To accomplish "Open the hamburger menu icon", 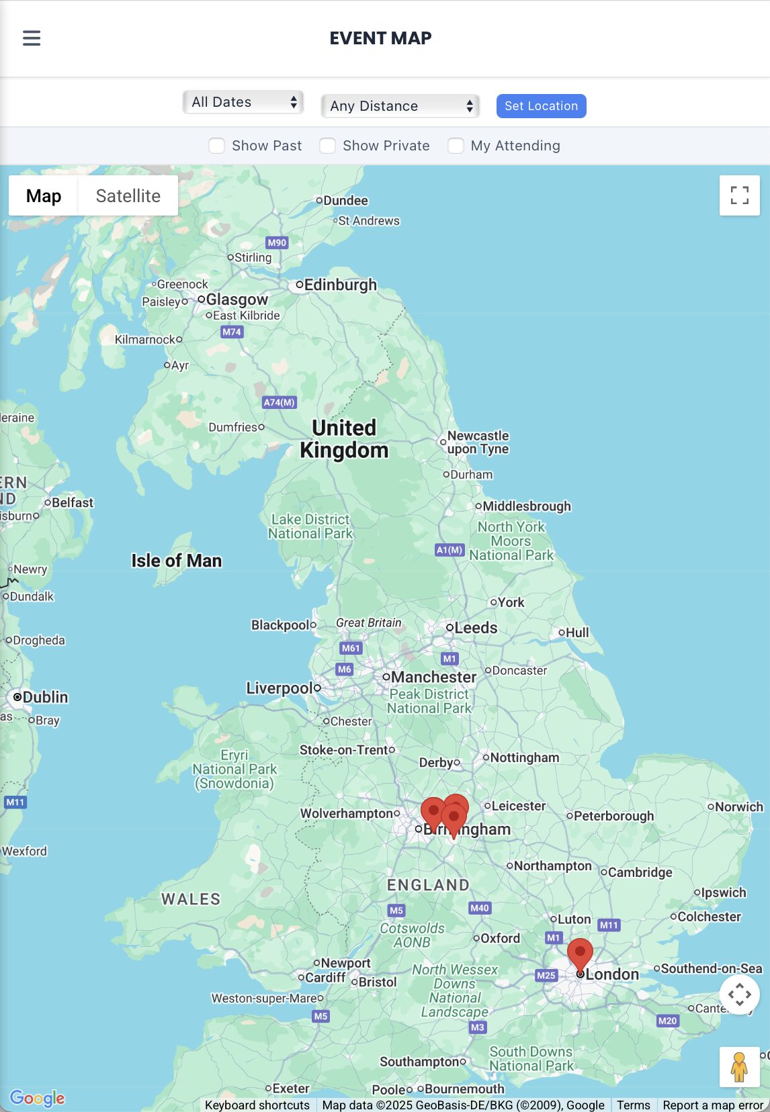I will [32, 38].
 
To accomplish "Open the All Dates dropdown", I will [243, 102].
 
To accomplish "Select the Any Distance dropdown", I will [400, 106].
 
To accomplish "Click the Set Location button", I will [541, 106].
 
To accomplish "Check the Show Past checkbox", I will [216, 146].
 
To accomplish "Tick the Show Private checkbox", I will [327, 146].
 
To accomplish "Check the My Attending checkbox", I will [456, 146].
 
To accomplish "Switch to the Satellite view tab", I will [128, 196].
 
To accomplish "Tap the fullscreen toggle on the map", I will [739, 195].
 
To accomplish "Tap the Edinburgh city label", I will [340, 285].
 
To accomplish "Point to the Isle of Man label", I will [176, 561].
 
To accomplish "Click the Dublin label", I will [45, 697].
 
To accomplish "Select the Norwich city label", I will [738, 806].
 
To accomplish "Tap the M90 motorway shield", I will [277, 242].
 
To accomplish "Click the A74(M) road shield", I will [279, 402].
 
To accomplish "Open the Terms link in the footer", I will [633, 1105].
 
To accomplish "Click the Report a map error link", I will [713, 1105].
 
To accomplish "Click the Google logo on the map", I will [38, 1098].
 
